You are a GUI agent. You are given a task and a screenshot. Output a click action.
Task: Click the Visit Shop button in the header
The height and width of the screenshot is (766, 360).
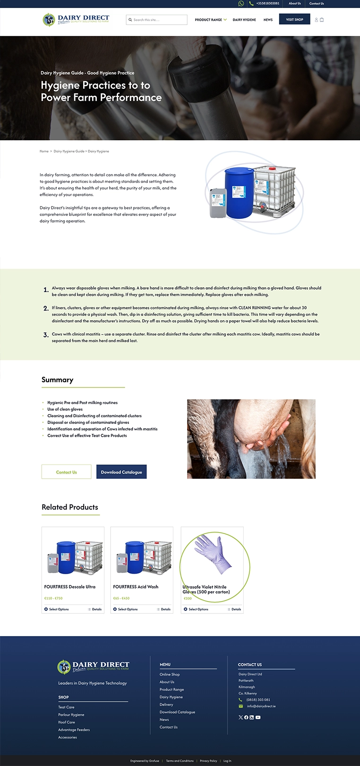click(294, 19)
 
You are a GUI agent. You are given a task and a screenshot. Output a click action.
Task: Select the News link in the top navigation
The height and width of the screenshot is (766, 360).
click(268, 20)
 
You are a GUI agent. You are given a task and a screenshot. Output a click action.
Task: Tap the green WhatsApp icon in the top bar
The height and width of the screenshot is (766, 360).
click(241, 3)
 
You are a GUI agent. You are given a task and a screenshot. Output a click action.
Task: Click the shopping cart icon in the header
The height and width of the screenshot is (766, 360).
click(322, 20)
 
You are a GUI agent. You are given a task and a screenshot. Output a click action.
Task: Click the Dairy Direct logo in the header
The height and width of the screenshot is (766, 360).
click(76, 20)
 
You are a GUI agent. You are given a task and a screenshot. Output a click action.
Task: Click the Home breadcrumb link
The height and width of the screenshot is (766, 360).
click(44, 151)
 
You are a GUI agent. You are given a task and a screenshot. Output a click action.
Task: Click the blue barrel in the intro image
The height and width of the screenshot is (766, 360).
click(239, 192)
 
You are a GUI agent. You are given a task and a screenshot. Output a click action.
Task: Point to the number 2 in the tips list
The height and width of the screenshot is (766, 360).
click(46, 309)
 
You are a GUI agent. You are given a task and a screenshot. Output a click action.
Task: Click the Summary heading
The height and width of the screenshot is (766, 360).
click(57, 380)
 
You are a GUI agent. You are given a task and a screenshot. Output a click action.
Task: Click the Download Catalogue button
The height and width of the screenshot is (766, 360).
click(121, 472)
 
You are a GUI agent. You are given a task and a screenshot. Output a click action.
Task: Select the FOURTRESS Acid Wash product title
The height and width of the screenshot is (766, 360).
click(136, 587)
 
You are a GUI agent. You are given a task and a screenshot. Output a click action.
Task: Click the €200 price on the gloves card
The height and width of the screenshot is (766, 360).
click(188, 598)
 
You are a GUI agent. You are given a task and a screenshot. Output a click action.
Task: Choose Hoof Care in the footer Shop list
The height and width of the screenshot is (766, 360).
click(67, 722)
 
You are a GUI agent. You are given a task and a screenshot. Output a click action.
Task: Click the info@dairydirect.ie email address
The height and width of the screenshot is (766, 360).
click(261, 706)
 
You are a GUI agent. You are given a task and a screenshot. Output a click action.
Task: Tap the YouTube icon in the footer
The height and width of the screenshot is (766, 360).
click(258, 717)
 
